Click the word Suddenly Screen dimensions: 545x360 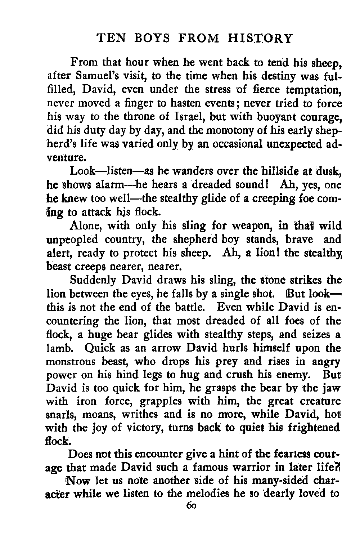tap(93, 280)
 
